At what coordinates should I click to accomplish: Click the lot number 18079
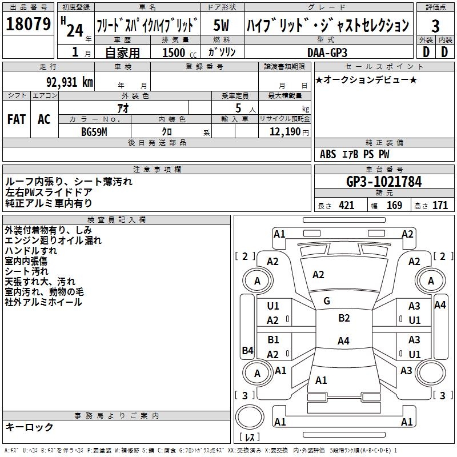28,25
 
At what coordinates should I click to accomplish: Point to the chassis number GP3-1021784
384,182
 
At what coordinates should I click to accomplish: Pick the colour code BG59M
95,131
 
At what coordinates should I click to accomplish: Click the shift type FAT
17,119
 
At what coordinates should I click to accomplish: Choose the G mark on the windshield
326,301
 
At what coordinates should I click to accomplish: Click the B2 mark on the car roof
343,318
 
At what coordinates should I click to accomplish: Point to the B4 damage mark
247,350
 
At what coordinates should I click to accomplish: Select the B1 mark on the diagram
274,340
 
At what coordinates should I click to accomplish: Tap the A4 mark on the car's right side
439,304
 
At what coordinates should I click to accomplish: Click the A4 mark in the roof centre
343,341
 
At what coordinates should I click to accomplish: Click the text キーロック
30,427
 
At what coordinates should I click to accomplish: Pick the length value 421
346,206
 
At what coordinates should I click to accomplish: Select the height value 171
440,206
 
